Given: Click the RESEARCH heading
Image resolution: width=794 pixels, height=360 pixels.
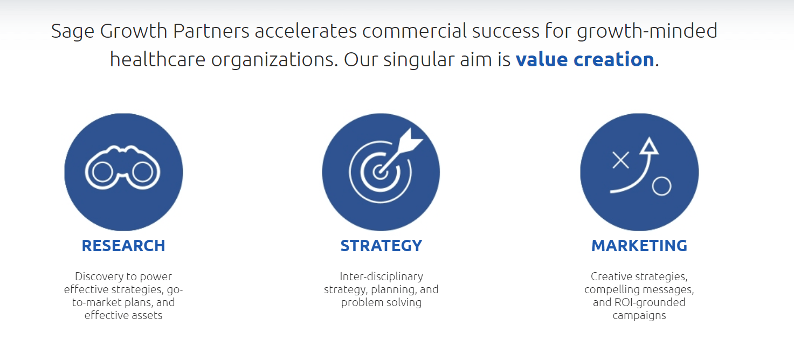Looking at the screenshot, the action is pos(123,246).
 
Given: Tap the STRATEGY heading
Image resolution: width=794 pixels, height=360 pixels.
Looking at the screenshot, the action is pos(381,246).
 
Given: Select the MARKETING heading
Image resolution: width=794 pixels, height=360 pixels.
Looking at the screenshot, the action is pos(639,246).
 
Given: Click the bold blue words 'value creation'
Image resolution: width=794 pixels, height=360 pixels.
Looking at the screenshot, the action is pos(584,59).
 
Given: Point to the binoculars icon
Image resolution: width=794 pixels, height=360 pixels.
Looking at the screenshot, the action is pos(122,167).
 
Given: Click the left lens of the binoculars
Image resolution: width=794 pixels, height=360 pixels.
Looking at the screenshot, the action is pos(102,172).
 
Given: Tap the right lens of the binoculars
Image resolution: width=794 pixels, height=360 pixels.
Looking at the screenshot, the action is pos(142,172).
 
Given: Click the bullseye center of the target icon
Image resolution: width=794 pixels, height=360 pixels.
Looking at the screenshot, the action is pos(380,172).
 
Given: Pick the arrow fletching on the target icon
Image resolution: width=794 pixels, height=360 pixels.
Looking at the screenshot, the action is pos(410,141).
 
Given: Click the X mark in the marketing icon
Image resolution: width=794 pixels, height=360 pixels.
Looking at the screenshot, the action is pos(620,160).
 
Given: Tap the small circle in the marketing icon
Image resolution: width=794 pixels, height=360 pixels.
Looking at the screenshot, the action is pos(661,186).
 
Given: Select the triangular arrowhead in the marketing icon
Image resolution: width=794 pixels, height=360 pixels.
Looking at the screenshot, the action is pos(649,146).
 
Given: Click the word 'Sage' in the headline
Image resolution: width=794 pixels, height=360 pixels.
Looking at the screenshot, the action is pos(72,31).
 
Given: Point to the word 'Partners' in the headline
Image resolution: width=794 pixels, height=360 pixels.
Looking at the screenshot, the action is pos(211,31).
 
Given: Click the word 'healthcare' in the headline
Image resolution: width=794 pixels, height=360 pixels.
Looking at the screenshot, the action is pos(158,59).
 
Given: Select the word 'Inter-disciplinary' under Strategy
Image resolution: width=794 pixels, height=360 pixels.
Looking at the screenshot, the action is pos(381,276).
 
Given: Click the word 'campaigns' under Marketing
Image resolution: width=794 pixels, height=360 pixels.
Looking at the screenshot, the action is pos(639,316).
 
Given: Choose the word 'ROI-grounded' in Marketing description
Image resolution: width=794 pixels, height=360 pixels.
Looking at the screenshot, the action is pos(650,302).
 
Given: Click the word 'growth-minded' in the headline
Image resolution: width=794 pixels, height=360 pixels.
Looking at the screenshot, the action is pos(647,31).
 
